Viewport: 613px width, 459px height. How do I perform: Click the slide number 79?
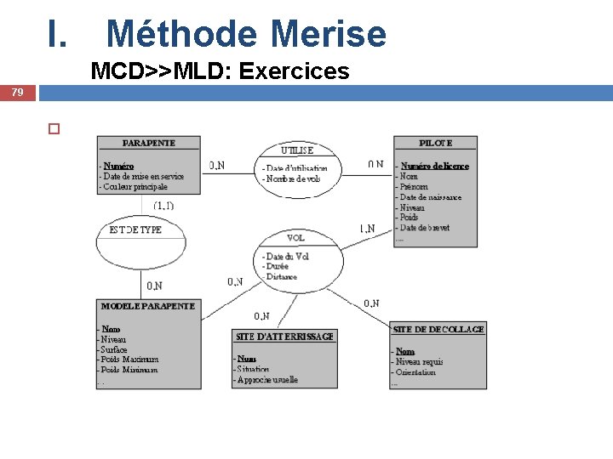[x=17, y=92]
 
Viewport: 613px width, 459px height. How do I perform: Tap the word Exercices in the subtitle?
[x=295, y=71]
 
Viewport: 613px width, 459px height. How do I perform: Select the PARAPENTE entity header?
[x=149, y=143]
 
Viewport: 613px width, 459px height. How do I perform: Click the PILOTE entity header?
[x=435, y=143]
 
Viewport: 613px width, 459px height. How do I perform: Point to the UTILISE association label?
[x=297, y=150]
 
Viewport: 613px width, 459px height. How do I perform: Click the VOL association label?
[x=296, y=238]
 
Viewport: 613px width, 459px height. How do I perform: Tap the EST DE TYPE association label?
[x=136, y=229]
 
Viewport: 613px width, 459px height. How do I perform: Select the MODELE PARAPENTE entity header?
[x=148, y=306]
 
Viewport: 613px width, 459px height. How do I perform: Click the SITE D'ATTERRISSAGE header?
[x=284, y=336]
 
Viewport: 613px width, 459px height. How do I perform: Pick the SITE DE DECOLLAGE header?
[x=438, y=329]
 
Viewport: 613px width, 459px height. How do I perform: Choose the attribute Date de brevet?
[x=426, y=228]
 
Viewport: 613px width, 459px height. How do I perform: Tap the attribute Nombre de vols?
[x=293, y=178]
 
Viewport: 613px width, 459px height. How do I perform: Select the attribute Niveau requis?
[x=419, y=362]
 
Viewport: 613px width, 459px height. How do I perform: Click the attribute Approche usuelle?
[x=267, y=380]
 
